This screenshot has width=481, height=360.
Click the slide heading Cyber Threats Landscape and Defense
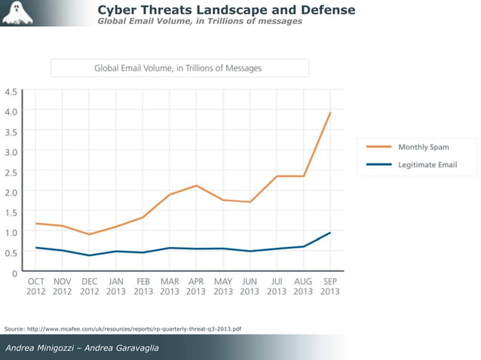(226, 10)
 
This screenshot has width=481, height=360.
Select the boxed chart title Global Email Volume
(179, 68)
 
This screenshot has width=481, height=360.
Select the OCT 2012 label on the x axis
(35, 286)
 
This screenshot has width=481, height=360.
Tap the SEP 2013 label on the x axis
(329, 286)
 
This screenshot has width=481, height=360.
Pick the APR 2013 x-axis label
(195, 286)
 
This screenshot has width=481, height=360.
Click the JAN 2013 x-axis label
(116, 286)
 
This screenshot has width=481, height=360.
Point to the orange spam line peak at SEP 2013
(330, 113)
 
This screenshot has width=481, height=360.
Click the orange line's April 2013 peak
(196, 185)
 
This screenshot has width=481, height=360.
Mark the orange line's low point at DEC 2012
(90, 234)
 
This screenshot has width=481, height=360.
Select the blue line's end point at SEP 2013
(330, 233)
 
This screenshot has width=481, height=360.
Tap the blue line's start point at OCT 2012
(35, 247)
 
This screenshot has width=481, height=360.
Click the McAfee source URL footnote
(123, 329)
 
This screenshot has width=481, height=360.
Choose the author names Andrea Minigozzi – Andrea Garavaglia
(83, 347)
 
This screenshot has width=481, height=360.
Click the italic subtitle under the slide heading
(200, 21)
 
